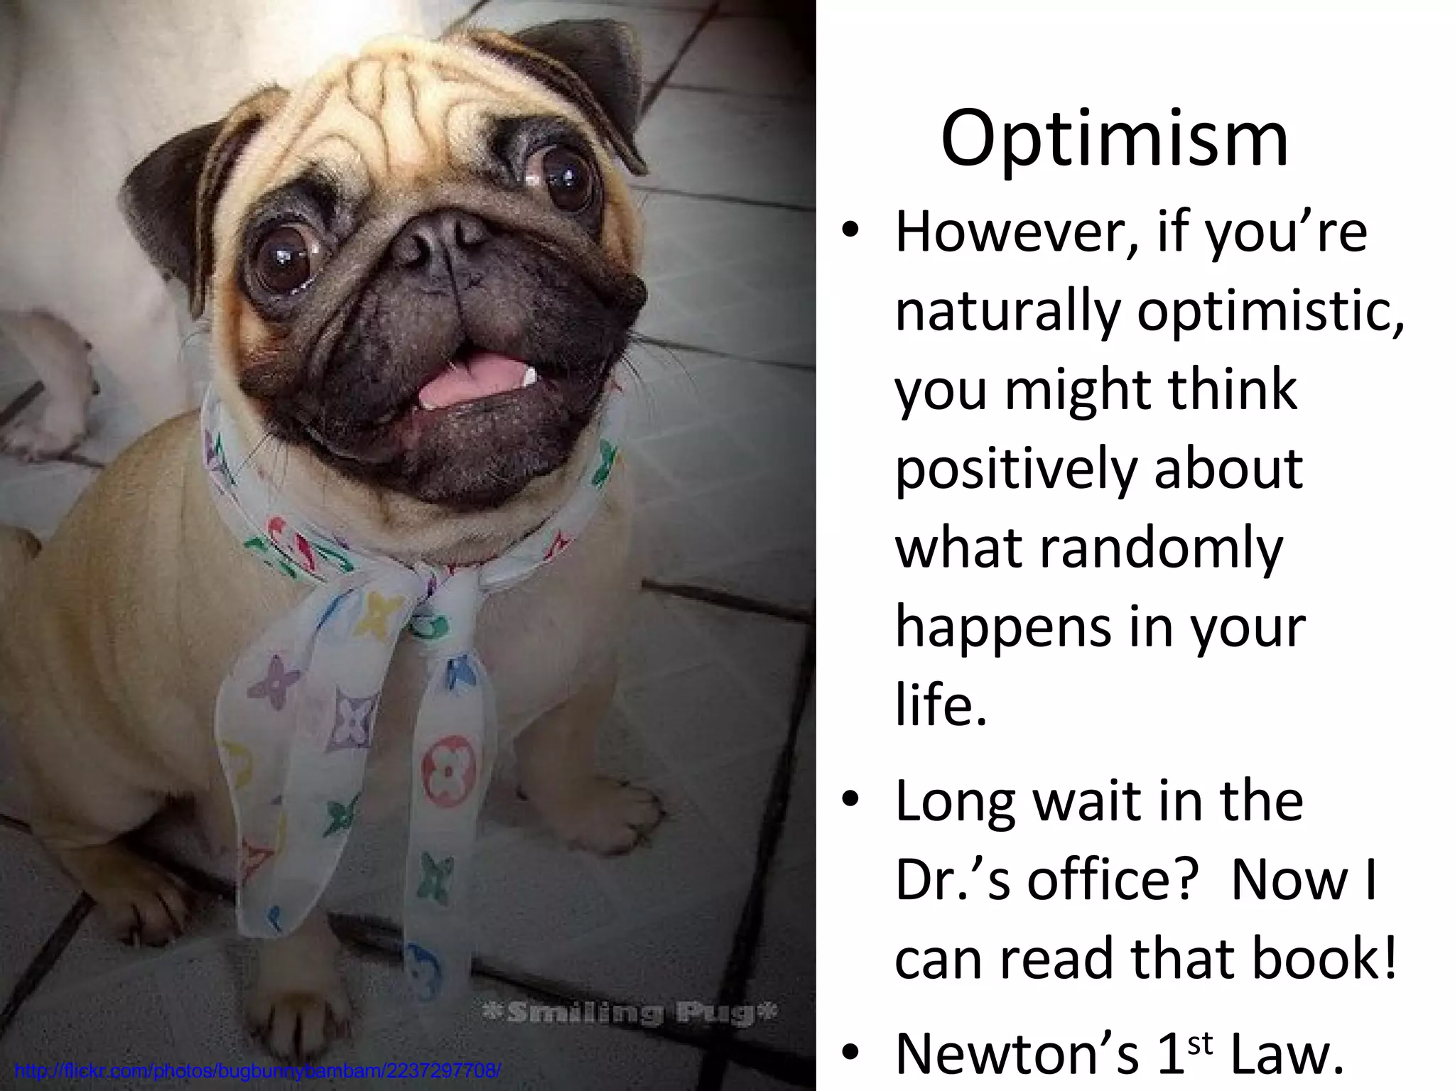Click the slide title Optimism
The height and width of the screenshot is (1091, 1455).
tap(1114, 141)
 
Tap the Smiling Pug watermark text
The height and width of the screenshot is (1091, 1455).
tap(629, 1012)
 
